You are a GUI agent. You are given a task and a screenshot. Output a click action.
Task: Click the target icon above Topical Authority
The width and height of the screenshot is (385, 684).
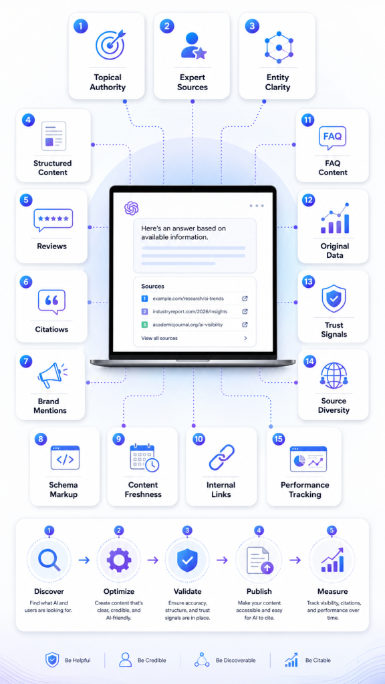point(110,44)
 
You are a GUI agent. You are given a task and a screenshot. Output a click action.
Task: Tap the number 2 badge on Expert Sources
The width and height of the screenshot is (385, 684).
point(166,26)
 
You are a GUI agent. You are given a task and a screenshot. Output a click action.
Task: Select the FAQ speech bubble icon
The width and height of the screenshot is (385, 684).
point(333,136)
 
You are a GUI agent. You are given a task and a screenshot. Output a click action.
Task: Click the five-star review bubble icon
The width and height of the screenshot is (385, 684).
point(53,220)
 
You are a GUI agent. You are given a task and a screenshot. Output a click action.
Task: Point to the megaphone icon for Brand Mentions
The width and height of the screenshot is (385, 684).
point(53,375)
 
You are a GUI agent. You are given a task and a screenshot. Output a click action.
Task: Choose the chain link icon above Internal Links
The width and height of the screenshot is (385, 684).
point(221,458)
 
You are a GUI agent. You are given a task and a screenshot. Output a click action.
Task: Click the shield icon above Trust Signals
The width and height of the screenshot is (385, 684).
point(334,299)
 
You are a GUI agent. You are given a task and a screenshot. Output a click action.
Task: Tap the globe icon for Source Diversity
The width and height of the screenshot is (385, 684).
point(334,374)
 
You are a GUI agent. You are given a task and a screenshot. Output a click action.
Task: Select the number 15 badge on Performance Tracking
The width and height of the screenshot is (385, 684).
point(278,440)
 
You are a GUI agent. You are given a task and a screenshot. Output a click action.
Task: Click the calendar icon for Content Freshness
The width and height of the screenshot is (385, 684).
point(144,458)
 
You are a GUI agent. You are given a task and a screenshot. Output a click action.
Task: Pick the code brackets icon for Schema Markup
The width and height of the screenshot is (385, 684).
point(65,458)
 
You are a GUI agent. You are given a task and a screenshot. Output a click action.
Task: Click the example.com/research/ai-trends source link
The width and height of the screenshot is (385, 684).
point(188,299)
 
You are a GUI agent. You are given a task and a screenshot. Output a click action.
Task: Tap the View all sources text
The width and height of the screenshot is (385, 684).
point(159,338)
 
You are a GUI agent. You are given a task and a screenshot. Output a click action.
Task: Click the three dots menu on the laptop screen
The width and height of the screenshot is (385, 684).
point(257,206)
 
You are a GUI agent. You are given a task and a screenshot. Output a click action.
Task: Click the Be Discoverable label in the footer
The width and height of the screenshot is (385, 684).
point(236,661)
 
